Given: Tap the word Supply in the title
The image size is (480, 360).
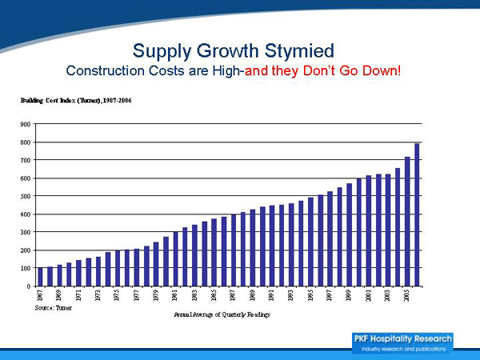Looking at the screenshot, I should pyautogui.click(x=163, y=50).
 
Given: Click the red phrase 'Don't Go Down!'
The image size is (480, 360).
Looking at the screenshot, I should pyautogui.click(x=354, y=71).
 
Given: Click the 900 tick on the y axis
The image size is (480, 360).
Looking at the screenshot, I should pyautogui.click(x=26, y=125).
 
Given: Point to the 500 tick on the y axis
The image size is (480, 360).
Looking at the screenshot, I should pyautogui.click(x=26, y=197).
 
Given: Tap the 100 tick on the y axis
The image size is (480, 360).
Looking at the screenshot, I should pyautogui.click(x=26, y=268).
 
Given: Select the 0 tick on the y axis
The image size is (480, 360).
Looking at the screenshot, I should pyautogui.click(x=29, y=286).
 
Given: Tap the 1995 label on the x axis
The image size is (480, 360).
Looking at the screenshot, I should pyautogui.click(x=311, y=296).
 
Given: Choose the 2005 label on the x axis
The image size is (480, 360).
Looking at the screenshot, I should pyautogui.click(x=407, y=296).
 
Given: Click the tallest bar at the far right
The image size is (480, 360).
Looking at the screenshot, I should pyautogui.click(x=417, y=214).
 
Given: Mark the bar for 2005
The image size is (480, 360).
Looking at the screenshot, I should pyautogui.click(x=407, y=222).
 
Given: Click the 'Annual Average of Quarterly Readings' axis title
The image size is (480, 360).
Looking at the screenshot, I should pyautogui.click(x=222, y=314).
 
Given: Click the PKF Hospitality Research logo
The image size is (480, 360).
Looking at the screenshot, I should pyautogui.click(x=402, y=342).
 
